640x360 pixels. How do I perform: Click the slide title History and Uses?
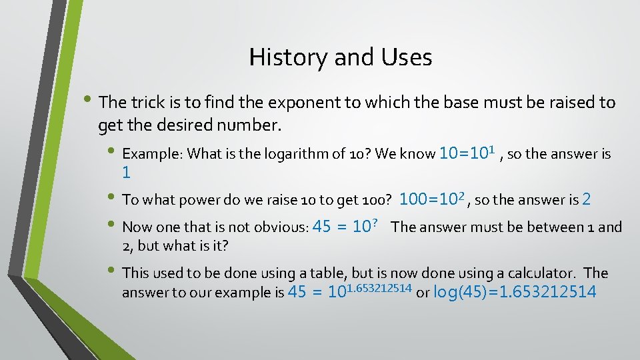pyautogui.click(x=340, y=57)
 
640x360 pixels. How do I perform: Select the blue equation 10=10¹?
pyautogui.click(x=467, y=153)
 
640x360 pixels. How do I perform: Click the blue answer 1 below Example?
pyautogui.click(x=126, y=173)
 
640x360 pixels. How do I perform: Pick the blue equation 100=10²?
pyautogui.click(x=433, y=199)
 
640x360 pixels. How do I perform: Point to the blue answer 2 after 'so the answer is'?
pyautogui.click(x=587, y=199)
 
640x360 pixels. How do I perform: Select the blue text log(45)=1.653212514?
pyautogui.click(x=515, y=292)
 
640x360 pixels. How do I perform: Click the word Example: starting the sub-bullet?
pyautogui.click(x=153, y=154)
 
